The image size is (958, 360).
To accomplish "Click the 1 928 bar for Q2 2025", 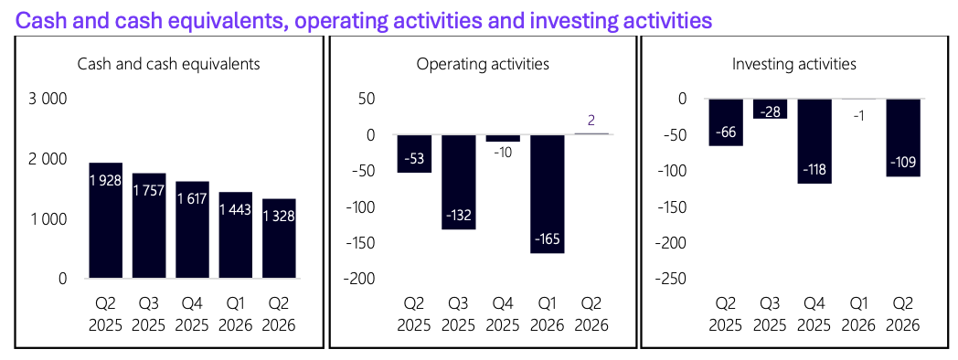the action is pyautogui.click(x=106, y=220).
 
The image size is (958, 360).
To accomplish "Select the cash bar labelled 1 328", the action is pyautogui.click(x=279, y=238).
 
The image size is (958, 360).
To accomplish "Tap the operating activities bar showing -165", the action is pyautogui.click(x=548, y=194).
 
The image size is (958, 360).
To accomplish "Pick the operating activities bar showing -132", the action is pyautogui.click(x=459, y=182).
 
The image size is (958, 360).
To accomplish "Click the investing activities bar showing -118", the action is pyautogui.click(x=814, y=142).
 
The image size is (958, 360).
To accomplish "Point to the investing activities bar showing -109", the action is pyautogui.click(x=903, y=138).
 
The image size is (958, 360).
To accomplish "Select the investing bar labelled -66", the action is pyautogui.click(x=726, y=122).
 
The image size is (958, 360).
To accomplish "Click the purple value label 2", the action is pyautogui.click(x=591, y=121).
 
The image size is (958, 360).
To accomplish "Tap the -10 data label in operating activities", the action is pyautogui.click(x=504, y=152).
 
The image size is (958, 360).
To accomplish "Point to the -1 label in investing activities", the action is pyautogui.click(x=858, y=115).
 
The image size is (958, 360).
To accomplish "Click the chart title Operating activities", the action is pyautogui.click(x=482, y=64).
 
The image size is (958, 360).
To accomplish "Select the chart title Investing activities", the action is pyautogui.click(x=794, y=64).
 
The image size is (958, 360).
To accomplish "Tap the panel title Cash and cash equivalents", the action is pyautogui.click(x=168, y=64).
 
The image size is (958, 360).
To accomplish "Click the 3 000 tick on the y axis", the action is pyautogui.click(x=48, y=99).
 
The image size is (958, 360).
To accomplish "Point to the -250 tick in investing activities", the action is pyautogui.click(x=672, y=280).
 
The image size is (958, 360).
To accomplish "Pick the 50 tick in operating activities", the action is pyautogui.click(x=367, y=99).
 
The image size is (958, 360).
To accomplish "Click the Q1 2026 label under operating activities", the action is pyautogui.click(x=548, y=313).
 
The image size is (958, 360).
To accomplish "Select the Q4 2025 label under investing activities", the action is pyautogui.click(x=814, y=313).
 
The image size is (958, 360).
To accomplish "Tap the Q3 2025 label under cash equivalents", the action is pyautogui.click(x=149, y=313).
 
